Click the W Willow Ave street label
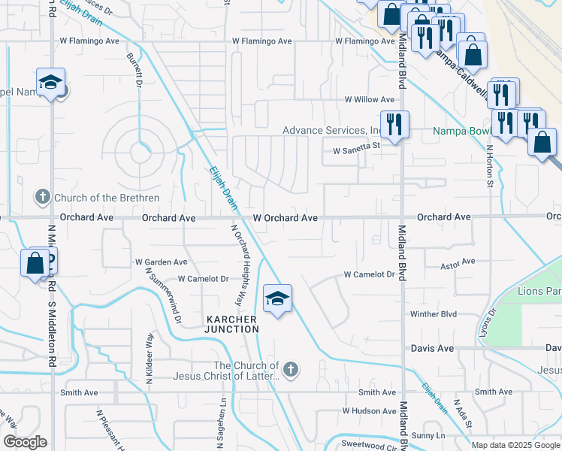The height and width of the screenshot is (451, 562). [x=369, y=99]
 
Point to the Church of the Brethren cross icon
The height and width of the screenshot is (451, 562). [x=43, y=198]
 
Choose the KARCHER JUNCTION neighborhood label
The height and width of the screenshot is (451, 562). [x=233, y=324]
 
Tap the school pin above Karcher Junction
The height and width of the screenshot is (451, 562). [x=277, y=299]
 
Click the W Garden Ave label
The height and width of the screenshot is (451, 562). [x=161, y=262]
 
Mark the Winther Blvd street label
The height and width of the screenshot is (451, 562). [x=434, y=313]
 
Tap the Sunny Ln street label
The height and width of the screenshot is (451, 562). [x=428, y=435]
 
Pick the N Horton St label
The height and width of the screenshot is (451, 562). [x=489, y=165]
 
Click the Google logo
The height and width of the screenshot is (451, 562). [x=25, y=442]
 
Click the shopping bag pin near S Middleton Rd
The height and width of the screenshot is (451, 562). [x=35, y=263]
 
